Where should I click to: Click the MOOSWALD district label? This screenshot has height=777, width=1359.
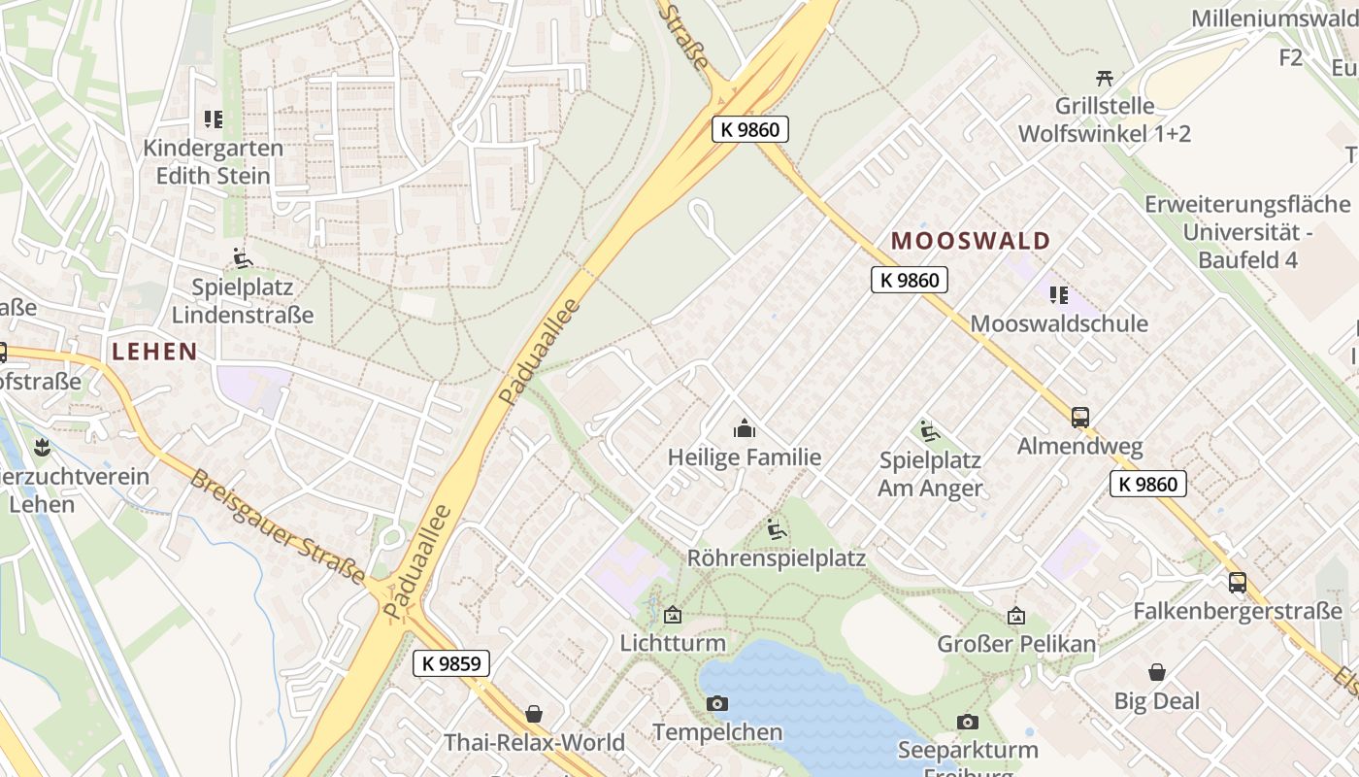[x=971, y=241]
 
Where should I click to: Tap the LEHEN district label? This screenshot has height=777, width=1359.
[x=154, y=352]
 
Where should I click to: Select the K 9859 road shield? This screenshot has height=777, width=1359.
[x=451, y=663]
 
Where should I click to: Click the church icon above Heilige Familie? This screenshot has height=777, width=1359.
[x=745, y=427]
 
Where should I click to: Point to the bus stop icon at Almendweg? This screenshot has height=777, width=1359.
[x=1080, y=418]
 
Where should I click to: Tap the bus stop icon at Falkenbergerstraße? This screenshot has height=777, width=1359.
[x=1238, y=583]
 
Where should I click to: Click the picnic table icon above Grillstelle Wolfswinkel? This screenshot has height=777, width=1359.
[x=1104, y=78]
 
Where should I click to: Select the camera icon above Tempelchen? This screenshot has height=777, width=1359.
[x=717, y=703]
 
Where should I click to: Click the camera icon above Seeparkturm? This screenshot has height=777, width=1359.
[x=967, y=722]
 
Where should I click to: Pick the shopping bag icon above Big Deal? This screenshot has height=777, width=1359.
[x=1157, y=672]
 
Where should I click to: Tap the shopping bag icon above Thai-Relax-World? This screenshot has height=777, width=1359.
[x=534, y=714]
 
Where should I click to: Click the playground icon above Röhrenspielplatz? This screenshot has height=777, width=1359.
[x=777, y=529]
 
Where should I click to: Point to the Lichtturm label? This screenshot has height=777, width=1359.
[x=673, y=643]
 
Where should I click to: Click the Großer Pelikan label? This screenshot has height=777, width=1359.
[x=1016, y=644]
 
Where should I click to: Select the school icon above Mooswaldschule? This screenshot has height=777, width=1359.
[x=1059, y=294]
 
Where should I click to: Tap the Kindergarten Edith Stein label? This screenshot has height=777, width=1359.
[x=213, y=162]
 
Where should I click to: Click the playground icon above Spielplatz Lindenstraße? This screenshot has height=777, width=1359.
[x=243, y=258]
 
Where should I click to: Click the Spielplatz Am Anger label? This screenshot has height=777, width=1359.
[x=930, y=474]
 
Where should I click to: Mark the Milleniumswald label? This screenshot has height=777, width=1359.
[x=1274, y=17]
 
